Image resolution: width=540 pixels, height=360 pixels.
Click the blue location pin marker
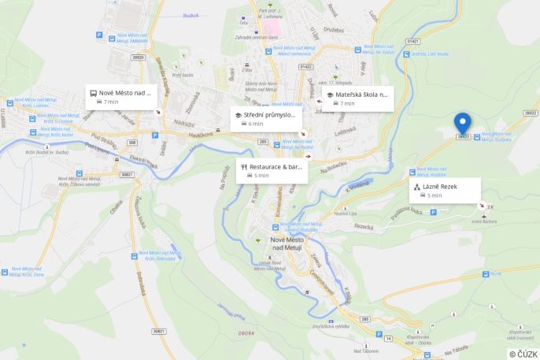pos(463,123)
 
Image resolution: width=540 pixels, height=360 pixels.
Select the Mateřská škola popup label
pos(357,98)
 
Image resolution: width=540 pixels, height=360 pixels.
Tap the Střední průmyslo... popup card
pos(267,119)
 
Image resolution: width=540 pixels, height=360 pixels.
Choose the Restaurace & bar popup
pos(271,170)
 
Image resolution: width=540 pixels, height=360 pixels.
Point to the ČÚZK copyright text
pos(523,354)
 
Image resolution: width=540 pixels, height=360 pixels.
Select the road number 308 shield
pos(131,143)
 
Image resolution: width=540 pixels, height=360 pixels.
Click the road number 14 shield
pos(389,338)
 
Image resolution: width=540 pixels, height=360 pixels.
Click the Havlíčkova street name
pos(201,135)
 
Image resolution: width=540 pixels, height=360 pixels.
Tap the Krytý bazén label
pos(183,75)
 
